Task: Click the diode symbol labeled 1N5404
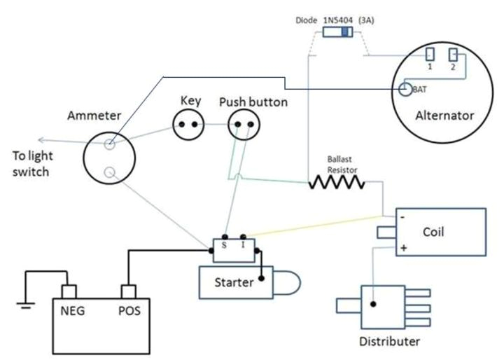point(337,33)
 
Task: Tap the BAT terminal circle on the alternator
point(405,90)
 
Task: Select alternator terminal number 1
point(431,54)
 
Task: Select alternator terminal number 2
point(454,54)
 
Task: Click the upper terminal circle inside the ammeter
point(110,145)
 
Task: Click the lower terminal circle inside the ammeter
point(110,172)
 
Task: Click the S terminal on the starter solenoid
point(225,244)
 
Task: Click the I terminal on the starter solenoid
point(243,244)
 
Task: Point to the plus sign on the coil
point(404,248)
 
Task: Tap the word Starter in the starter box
point(234,283)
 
